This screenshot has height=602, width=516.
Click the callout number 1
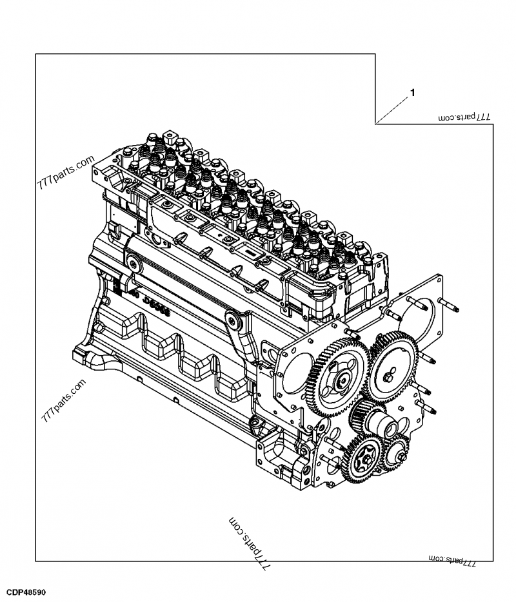tap(412, 93)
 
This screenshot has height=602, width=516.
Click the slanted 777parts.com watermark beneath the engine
tap(250, 543)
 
